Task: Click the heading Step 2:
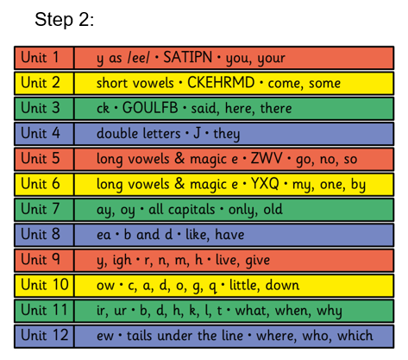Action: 64,20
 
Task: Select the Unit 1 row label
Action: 40,57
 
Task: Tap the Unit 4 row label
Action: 41,133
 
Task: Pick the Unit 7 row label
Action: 41,209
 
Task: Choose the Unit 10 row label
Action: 45,285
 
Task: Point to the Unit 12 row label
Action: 45,335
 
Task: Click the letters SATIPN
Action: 188,57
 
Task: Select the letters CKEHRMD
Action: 221,82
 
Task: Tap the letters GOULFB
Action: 150,108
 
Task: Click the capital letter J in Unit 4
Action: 197,133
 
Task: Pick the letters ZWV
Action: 267,158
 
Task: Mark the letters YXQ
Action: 265,184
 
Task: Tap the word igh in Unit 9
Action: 122,260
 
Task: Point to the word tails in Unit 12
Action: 139,336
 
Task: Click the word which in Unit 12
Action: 355,336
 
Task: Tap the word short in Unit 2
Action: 111,83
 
